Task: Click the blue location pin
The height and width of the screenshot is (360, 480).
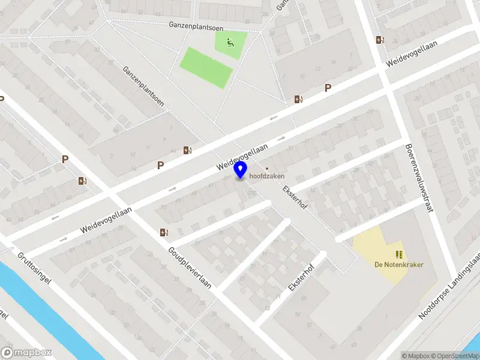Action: [x=241, y=170]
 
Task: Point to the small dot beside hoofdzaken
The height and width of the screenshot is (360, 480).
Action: [x=267, y=169]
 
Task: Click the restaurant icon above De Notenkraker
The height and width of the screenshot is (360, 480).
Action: [x=397, y=254]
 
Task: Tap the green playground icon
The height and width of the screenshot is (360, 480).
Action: [x=230, y=42]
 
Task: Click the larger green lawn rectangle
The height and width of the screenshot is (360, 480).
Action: [x=206, y=67]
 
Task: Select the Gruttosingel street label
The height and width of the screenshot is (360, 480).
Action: [x=35, y=268]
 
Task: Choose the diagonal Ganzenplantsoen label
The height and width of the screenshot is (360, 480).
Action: [x=144, y=86]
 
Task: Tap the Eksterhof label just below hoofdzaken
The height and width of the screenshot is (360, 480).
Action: [x=294, y=197]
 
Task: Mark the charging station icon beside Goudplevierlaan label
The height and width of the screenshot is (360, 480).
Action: [x=164, y=232]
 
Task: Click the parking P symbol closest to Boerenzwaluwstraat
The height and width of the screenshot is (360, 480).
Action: [x=328, y=88]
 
